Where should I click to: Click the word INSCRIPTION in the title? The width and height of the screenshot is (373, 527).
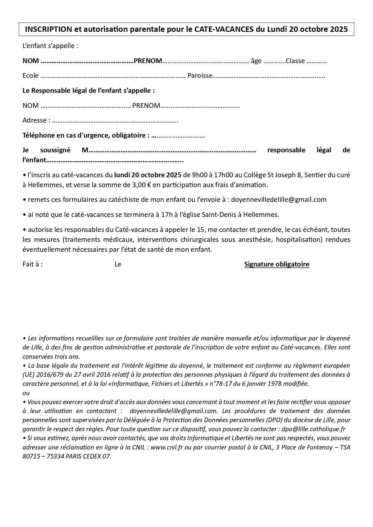coord(48,29)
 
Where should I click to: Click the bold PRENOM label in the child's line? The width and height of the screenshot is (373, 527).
coord(148,61)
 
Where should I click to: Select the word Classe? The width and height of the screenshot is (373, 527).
coord(295,61)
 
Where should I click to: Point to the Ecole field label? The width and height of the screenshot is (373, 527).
coord(30,76)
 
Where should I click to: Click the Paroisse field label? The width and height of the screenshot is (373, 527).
coord(200,76)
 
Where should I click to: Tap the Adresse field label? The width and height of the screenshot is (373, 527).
coord(35,120)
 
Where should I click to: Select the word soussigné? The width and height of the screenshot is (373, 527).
coord(55,150)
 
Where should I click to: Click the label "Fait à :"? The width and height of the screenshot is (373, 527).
coord(32,264)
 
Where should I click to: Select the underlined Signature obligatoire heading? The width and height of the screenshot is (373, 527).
coord(277,264)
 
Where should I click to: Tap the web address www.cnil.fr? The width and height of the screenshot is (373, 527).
coord(167,447)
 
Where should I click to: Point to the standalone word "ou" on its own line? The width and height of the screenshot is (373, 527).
coord(26,393)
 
